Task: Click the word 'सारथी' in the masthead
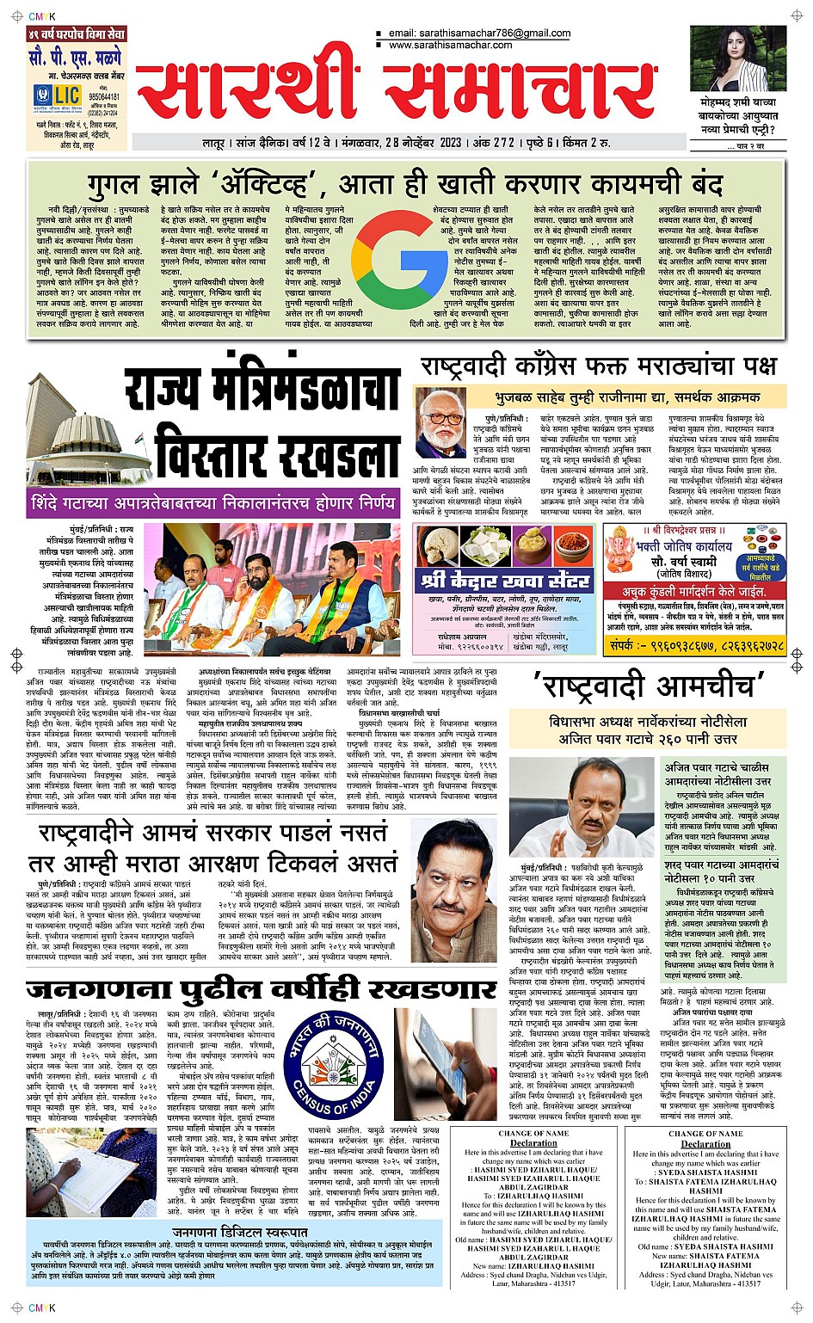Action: (249, 92)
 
